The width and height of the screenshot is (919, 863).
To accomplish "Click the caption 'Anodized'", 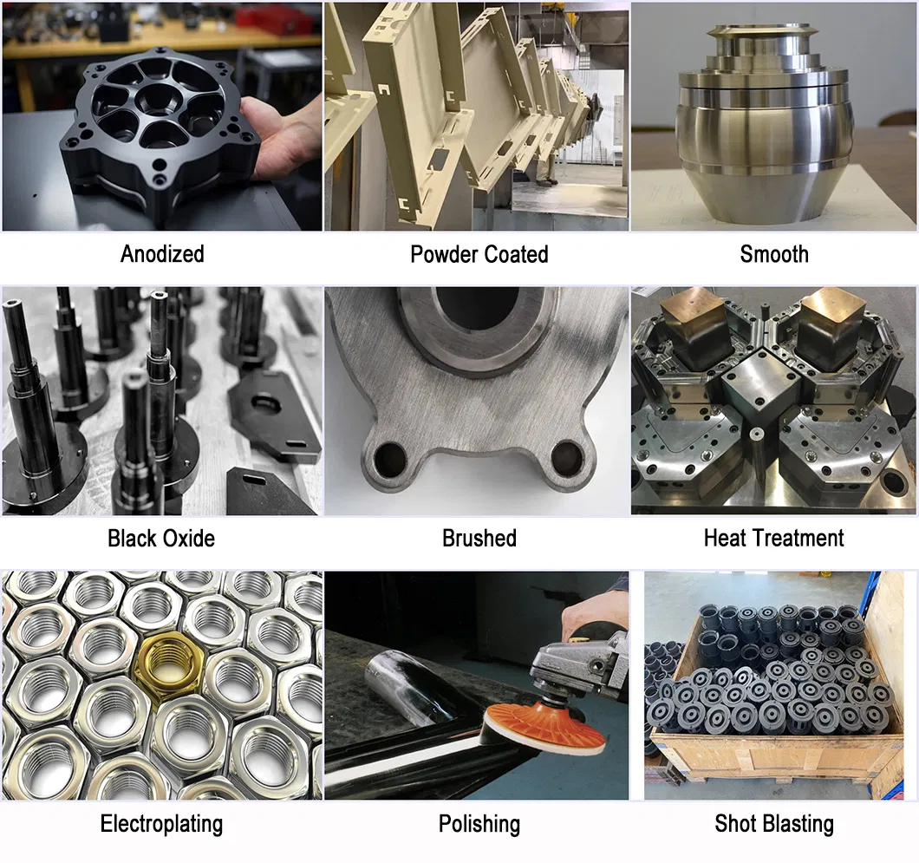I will (x=162, y=254).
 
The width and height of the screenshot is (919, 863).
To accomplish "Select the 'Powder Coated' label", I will (x=479, y=254).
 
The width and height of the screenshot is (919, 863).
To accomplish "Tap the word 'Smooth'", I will (x=773, y=254).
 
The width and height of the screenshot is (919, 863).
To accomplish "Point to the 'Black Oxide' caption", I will (x=161, y=538).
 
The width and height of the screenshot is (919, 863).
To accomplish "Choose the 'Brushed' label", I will (x=479, y=538).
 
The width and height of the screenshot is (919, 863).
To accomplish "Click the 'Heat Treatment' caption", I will (x=773, y=538).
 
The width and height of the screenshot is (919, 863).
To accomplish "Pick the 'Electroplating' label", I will (x=161, y=823).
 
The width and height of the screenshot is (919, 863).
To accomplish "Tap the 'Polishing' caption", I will (x=479, y=823).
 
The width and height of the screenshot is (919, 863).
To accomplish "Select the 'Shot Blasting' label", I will (x=773, y=823).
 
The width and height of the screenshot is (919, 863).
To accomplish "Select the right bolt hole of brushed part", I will (x=567, y=453).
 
